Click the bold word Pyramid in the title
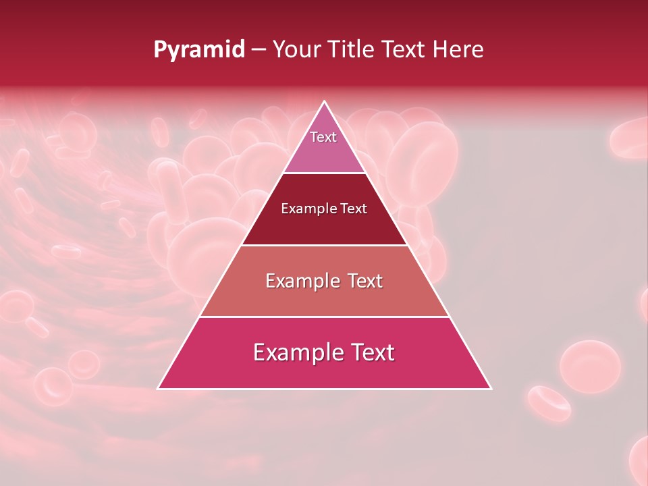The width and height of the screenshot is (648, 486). [x=198, y=50]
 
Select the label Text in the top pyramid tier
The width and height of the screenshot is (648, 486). [x=323, y=137]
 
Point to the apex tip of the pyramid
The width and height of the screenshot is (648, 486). [x=325, y=103]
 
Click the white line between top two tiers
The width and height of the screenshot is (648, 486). [x=324, y=173]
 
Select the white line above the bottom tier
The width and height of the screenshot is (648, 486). [x=324, y=317]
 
